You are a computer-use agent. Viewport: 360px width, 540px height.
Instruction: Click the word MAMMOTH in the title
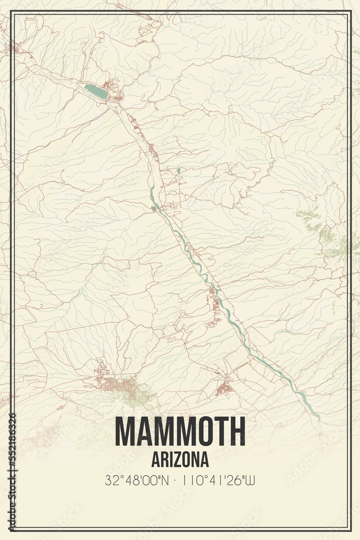(180, 431)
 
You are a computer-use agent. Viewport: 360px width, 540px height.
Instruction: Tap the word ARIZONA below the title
(180, 460)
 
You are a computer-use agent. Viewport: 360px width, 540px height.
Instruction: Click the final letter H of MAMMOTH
(237, 431)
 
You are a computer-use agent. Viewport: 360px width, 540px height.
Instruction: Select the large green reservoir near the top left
(96, 91)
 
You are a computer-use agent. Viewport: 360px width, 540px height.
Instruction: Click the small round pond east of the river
(179, 171)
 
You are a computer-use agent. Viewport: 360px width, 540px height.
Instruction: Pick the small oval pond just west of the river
(153, 209)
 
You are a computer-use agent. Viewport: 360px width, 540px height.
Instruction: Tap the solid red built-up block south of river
(224, 388)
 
